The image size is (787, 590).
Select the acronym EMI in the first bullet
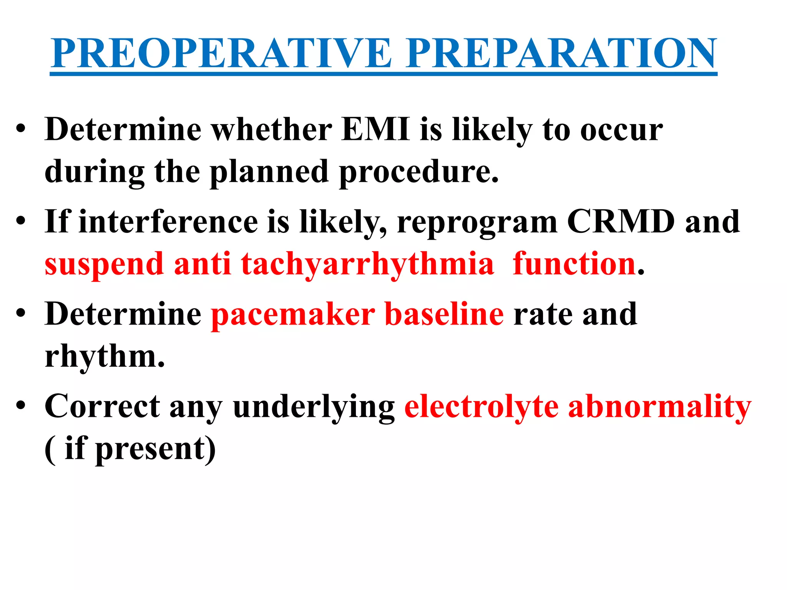coord(375,129)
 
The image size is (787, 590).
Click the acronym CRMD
coord(621,222)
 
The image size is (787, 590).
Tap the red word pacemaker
coord(293,314)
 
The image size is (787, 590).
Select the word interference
coord(168,222)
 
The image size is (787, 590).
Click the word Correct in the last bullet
coord(102,406)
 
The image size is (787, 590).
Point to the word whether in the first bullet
coord(272,129)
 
